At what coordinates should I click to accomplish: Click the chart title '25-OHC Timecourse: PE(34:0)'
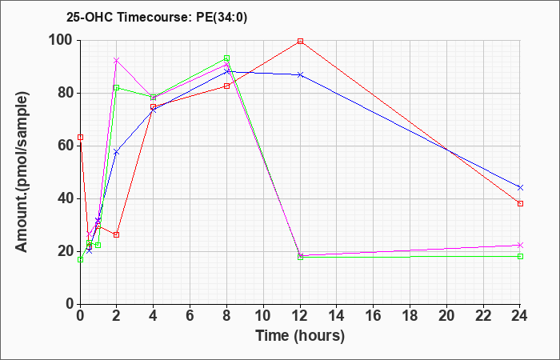157,17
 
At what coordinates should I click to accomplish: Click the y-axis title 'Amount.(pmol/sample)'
22,172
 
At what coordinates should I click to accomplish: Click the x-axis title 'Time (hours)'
300,336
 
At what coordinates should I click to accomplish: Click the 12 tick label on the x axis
300,316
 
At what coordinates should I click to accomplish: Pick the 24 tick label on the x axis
520,316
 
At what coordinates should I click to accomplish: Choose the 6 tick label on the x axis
190,316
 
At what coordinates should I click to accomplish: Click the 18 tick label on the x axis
410,316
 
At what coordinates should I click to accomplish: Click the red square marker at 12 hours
300,41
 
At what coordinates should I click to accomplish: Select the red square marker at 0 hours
80,137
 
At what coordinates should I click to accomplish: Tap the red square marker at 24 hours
520,203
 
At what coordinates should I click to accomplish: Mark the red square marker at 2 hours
117,234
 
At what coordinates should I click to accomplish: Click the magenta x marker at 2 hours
117,60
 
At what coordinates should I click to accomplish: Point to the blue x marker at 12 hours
300,74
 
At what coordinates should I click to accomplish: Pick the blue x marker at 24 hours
520,187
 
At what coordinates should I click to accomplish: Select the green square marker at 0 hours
80,260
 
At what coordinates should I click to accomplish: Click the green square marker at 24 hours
520,257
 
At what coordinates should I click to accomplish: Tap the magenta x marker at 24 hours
520,245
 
